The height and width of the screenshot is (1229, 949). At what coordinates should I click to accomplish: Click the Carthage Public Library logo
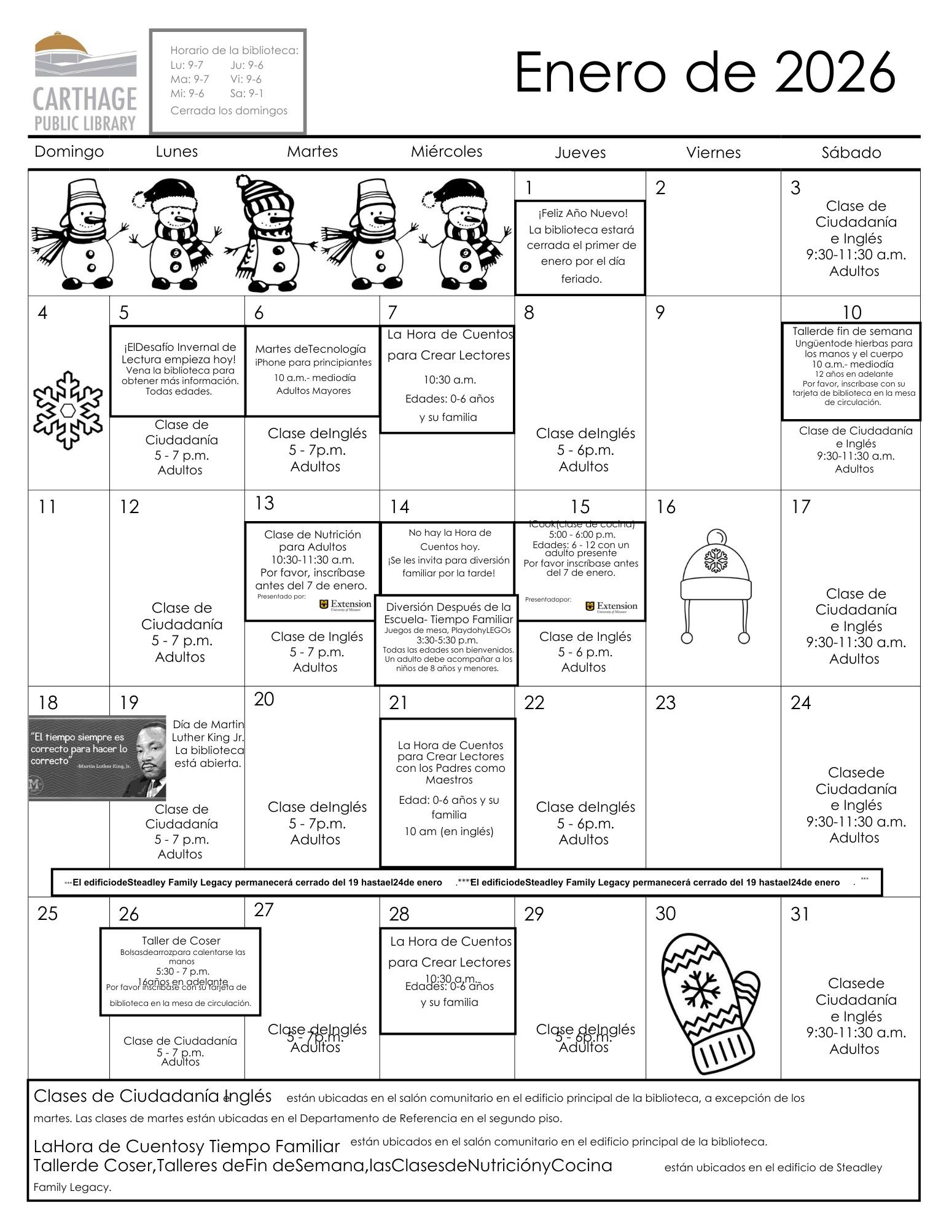click(x=85, y=82)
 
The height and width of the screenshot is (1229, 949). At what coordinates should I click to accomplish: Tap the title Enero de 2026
click(x=704, y=73)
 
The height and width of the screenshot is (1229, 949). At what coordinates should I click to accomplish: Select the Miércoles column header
click(x=447, y=152)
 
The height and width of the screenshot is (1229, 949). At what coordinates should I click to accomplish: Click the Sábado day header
click(x=851, y=153)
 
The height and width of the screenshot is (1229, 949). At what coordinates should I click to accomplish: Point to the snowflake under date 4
click(x=68, y=410)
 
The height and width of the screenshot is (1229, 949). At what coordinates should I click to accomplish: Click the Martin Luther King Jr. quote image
click(x=97, y=758)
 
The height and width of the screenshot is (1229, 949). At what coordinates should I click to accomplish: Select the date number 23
click(x=665, y=702)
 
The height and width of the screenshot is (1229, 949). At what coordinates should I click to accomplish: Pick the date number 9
click(x=660, y=313)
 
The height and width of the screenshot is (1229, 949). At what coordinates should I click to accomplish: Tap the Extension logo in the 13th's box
click(x=345, y=605)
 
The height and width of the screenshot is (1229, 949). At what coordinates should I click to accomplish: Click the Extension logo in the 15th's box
click(x=611, y=607)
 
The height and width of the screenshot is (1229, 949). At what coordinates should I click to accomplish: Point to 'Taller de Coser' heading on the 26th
click(x=181, y=941)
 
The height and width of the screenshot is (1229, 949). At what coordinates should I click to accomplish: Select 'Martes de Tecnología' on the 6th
click(x=310, y=349)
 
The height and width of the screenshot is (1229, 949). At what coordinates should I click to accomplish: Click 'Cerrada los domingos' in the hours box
click(x=228, y=111)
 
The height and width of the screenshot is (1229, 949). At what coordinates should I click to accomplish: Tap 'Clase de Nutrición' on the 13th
click(x=313, y=535)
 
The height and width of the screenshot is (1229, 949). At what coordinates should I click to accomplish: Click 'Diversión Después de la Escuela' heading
click(x=448, y=607)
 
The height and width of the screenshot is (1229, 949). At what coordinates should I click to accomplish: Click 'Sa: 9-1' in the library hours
click(x=246, y=93)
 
